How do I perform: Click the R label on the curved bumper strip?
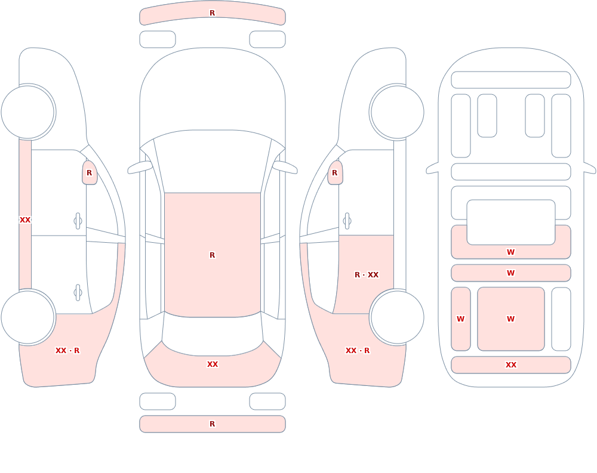pyautogui.click(x=212, y=13)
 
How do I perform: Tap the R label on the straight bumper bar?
pyautogui.click(x=212, y=424)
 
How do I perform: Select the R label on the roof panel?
pyautogui.click(x=212, y=255)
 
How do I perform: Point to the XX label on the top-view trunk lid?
pyautogui.click(x=212, y=364)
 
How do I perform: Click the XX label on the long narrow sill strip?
pyautogui.click(x=24, y=220)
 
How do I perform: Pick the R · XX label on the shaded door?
pyautogui.click(x=367, y=275)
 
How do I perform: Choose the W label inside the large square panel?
pyautogui.click(x=510, y=319)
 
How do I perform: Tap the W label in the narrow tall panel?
pyautogui.click(x=460, y=319)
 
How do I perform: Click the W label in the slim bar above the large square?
pyautogui.click(x=510, y=273)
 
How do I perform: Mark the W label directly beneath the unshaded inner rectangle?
pyautogui.click(x=510, y=252)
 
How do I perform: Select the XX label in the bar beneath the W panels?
pyautogui.click(x=510, y=365)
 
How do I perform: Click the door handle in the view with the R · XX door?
pyautogui.click(x=347, y=221)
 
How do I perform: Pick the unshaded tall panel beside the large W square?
pyautogui.click(x=561, y=319)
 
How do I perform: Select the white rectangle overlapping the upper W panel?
pyautogui.click(x=511, y=222)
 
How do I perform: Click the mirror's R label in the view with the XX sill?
pyautogui.click(x=89, y=173)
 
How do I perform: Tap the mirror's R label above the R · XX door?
pyautogui.click(x=335, y=173)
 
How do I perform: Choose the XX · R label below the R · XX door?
pyautogui.click(x=358, y=351)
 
